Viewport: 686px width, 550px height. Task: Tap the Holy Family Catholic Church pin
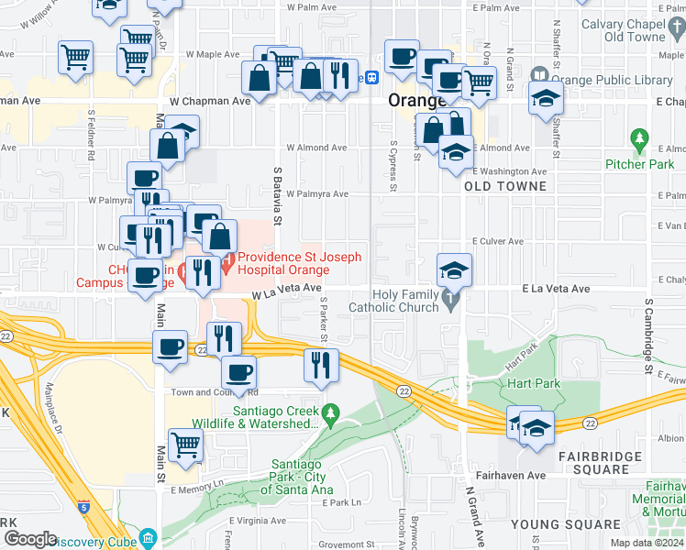[449, 300]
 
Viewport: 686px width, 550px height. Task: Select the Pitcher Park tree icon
[640, 141]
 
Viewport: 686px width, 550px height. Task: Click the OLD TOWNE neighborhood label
[505, 186]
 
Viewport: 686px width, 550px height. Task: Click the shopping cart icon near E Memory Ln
[186, 445]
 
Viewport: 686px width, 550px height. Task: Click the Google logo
[31, 539]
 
